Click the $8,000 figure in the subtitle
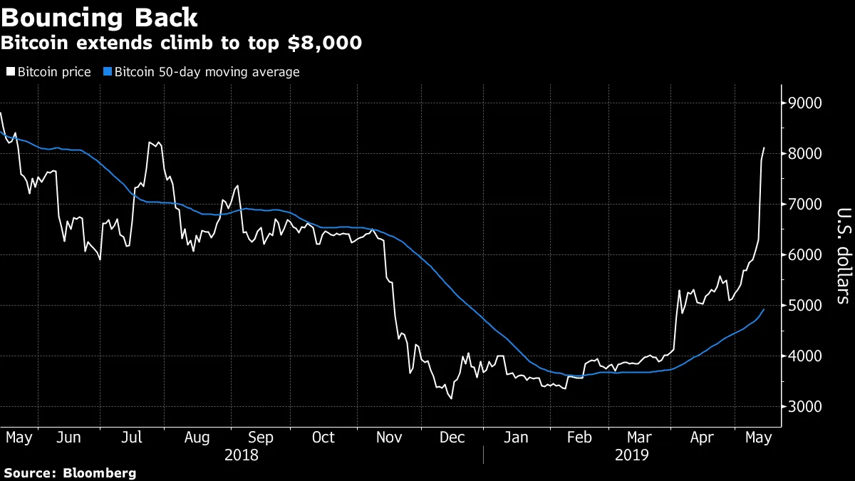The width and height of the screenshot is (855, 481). (328, 43)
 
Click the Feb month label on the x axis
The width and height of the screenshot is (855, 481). (579, 438)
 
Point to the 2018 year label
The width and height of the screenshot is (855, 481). (242, 455)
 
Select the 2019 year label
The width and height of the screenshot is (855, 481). (631, 455)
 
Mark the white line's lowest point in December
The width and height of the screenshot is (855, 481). (451, 398)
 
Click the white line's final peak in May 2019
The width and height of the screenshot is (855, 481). (764, 148)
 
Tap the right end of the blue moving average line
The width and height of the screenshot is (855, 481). (764, 309)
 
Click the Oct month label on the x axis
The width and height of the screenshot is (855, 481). (323, 438)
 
